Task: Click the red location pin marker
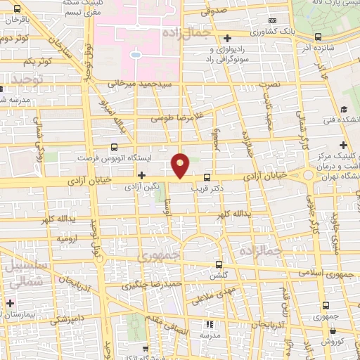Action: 181,165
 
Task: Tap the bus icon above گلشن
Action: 219,264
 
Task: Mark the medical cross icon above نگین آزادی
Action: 142,175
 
